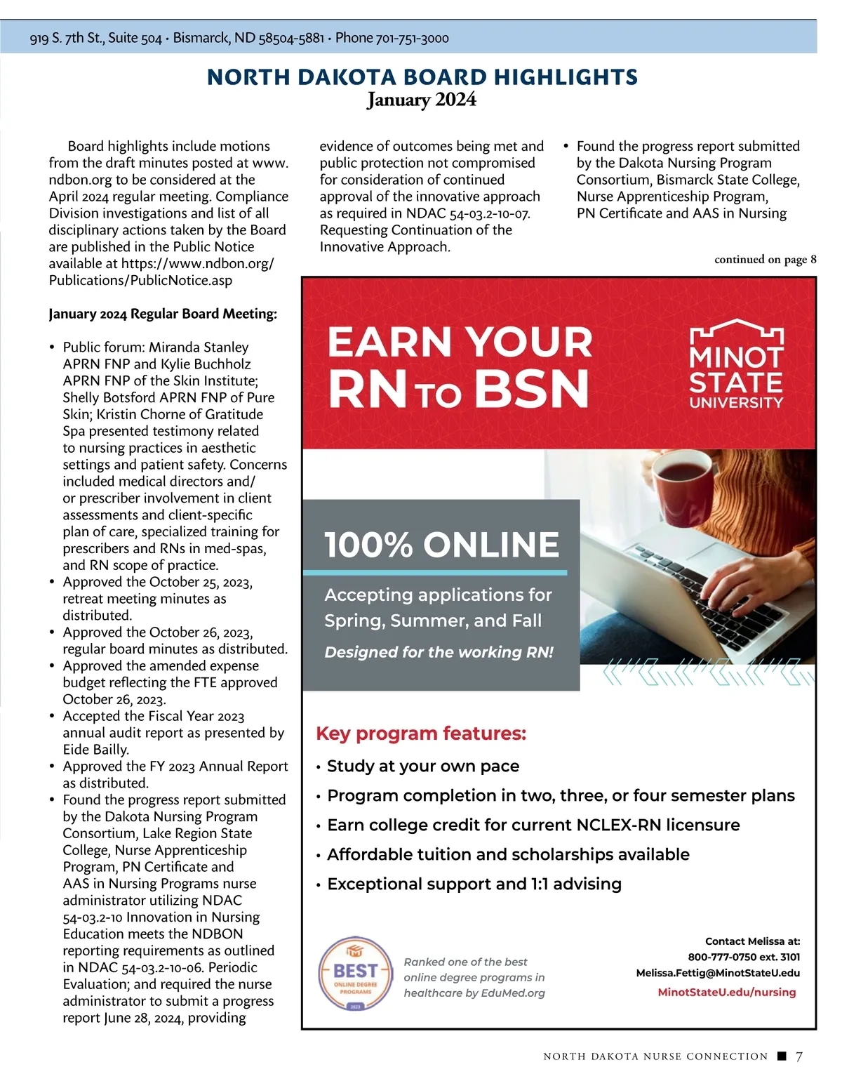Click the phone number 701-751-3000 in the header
(413, 39)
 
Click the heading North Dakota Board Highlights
(422, 77)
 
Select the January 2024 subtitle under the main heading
(422, 100)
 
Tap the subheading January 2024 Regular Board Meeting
(163, 314)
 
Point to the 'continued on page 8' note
(765, 260)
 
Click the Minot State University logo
(736, 364)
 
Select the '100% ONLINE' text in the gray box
(441, 545)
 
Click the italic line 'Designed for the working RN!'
(439, 652)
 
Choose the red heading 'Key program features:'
(421, 734)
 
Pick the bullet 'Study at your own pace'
(423, 766)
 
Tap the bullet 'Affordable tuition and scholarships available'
(508, 854)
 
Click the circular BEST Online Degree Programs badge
(356, 974)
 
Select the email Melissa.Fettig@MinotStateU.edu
(718, 973)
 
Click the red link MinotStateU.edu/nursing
(727, 992)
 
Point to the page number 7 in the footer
(799, 1056)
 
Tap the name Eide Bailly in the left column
(95, 750)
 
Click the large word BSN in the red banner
(531, 389)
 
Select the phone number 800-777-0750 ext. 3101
(744, 957)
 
